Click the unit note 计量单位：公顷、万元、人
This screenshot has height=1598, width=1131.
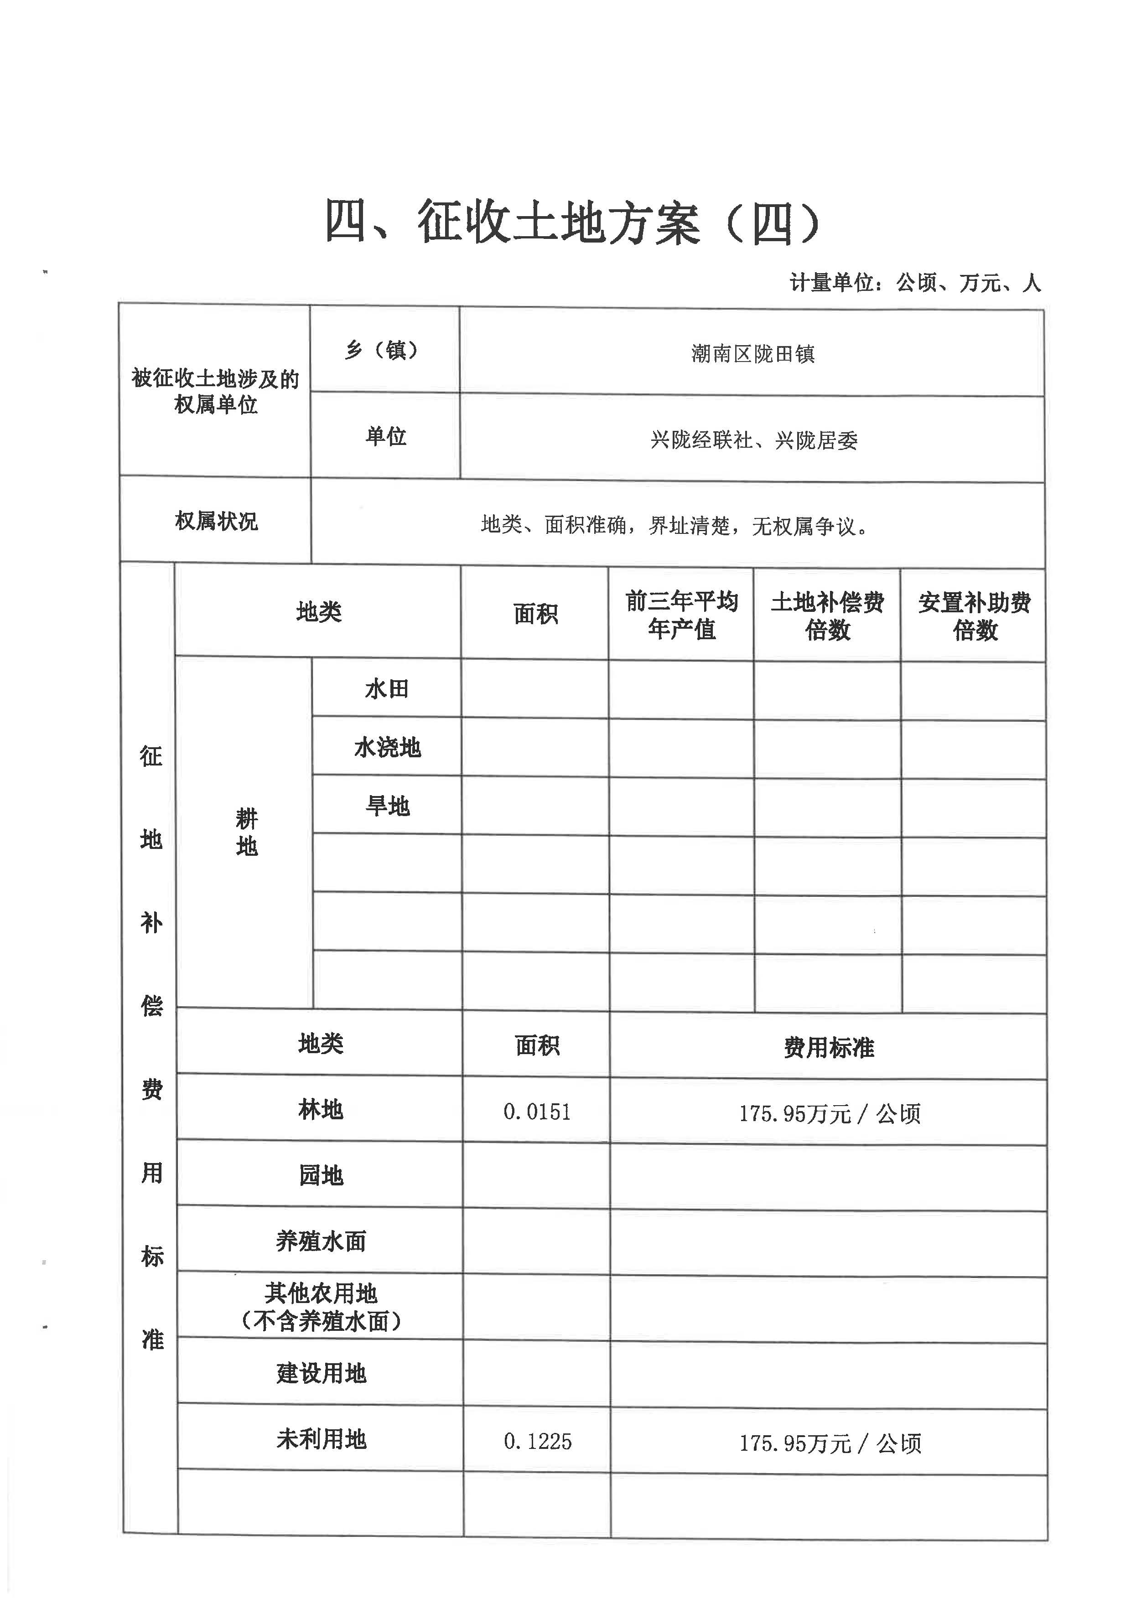click(x=914, y=283)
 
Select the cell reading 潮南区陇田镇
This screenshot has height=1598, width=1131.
click(x=752, y=354)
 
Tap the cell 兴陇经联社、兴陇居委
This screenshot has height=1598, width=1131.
click(x=753, y=440)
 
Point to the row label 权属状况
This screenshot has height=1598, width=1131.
click(x=216, y=521)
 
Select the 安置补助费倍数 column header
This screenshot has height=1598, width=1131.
click(x=974, y=617)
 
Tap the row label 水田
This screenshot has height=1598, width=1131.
click(x=387, y=689)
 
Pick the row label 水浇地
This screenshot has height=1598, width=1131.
click(x=387, y=748)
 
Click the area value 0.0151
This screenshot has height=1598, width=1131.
click(x=537, y=1112)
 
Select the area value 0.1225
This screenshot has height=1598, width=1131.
click(x=537, y=1441)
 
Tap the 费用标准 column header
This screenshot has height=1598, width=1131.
click(x=828, y=1047)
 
